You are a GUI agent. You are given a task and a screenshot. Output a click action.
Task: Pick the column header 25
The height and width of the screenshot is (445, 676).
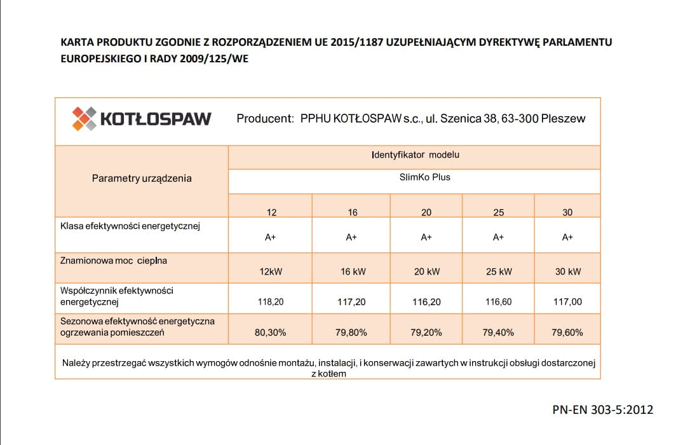pos(499,212)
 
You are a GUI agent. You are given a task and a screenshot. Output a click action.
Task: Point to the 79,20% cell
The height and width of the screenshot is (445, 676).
pos(426,332)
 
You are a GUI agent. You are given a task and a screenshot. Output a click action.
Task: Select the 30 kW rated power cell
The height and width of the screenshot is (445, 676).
pos(567,271)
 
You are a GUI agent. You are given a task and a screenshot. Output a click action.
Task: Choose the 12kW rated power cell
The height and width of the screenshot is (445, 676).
pos(271,271)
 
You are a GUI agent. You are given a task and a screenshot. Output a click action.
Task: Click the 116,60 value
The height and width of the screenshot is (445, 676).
pos(499,302)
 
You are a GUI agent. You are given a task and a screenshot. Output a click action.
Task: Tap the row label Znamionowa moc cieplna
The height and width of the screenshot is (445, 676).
pos(114,260)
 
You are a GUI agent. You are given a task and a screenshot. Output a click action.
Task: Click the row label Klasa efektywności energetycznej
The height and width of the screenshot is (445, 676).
pos(130,226)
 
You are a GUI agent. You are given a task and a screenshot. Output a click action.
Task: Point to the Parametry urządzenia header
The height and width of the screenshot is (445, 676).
pos(142,179)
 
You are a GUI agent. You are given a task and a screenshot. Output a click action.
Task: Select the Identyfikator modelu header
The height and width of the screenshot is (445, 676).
pos(414,154)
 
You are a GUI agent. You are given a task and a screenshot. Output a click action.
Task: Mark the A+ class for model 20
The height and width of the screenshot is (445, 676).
pos(426,237)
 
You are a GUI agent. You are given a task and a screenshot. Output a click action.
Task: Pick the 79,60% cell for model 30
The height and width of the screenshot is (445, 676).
pos(567,332)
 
